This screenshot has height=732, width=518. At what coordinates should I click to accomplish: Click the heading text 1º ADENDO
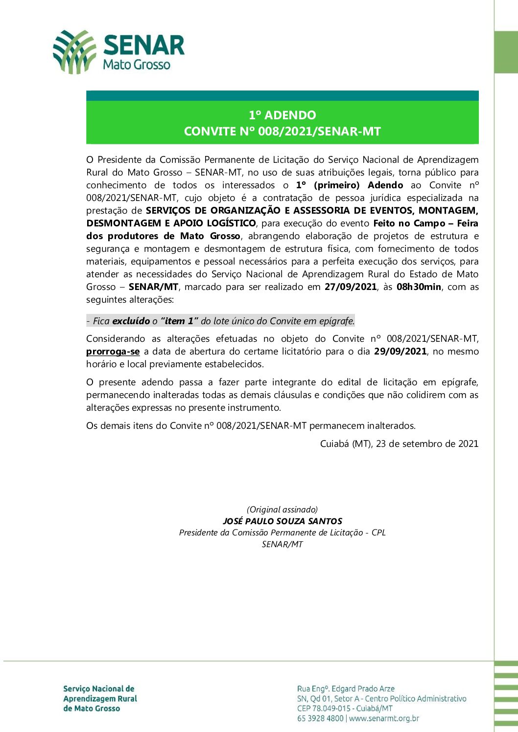coord(282,115)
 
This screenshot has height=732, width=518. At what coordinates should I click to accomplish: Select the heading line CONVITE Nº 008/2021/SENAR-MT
coord(282,132)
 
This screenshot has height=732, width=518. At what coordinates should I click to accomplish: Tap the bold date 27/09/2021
coord(351,287)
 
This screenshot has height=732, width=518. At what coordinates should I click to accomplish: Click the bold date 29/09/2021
coord(400,352)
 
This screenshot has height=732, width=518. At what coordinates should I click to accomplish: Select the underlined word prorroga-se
coord(113,352)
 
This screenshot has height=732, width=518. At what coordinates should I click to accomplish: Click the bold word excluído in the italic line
coord(131,321)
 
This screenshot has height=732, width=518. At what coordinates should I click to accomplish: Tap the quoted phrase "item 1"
coord(179,321)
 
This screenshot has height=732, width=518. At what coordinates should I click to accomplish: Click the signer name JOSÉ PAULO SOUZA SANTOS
coord(283,521)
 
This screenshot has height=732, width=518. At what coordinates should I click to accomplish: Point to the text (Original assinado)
coord(283,510)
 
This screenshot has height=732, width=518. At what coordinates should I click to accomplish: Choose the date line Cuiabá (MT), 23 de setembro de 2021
coord(399,444)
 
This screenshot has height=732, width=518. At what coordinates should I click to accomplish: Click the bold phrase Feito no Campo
coord(409,223)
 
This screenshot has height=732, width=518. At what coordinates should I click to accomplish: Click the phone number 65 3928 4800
coord(320,718)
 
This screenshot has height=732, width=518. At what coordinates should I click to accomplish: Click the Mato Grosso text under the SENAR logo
coord(137,65)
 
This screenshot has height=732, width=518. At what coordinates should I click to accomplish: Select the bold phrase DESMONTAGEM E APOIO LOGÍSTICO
coord(171,223)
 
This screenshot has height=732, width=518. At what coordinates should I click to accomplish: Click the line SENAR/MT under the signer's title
coord(283,545)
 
